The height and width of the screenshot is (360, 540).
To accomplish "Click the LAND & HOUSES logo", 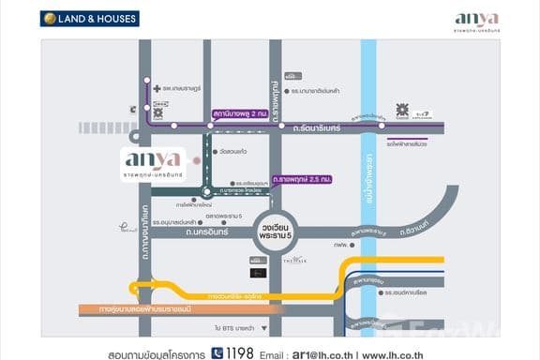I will (89, 18).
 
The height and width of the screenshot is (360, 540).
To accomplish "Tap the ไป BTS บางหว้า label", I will (235, 329).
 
